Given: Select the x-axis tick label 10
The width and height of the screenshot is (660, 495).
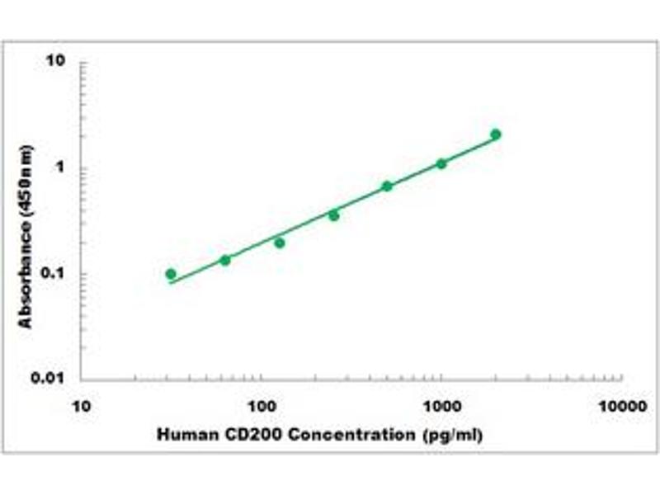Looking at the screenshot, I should click(x=81, y=406).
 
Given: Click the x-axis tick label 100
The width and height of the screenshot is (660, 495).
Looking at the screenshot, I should click(x=262, y=406).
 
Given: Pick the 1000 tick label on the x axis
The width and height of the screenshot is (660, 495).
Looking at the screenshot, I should click(x=441, y=406).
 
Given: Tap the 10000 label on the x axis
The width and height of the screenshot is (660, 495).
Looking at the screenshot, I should click(x=621, y=406).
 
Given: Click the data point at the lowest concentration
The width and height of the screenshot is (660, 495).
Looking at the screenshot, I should click(x=171, y=274).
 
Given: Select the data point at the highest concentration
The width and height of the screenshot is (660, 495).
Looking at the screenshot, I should click(x=496, y=134).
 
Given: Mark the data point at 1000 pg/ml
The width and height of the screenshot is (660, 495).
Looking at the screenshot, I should click(x=441, y=164).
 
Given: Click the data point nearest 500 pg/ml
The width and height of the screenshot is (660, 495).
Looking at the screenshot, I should click(x=387, y=186).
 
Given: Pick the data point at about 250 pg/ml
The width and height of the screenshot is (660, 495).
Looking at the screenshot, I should click(x=334, y=215).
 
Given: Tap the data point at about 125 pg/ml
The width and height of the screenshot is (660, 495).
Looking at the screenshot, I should click(x=280, y=243).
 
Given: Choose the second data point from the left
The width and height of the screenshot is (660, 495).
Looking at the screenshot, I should click(x=225, y=261).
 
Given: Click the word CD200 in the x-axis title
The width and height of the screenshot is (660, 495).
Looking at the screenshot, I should click(x=238, y=434).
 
